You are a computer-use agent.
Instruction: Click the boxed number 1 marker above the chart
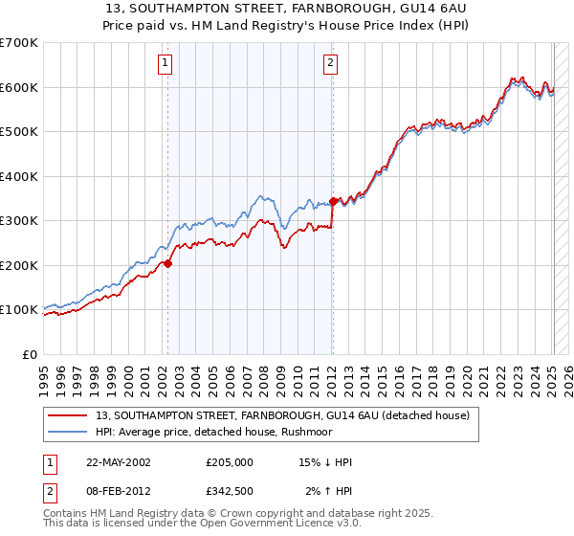click(166, 64)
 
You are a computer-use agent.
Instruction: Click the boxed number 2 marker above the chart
click(330, 64)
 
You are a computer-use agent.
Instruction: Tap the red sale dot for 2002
click(167, 263)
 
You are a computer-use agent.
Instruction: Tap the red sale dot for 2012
click(333, 201)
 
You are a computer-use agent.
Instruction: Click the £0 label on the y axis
click(32, 354)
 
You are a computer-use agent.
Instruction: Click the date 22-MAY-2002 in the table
click(118, 462)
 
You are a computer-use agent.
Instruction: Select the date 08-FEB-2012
click(118, 491)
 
